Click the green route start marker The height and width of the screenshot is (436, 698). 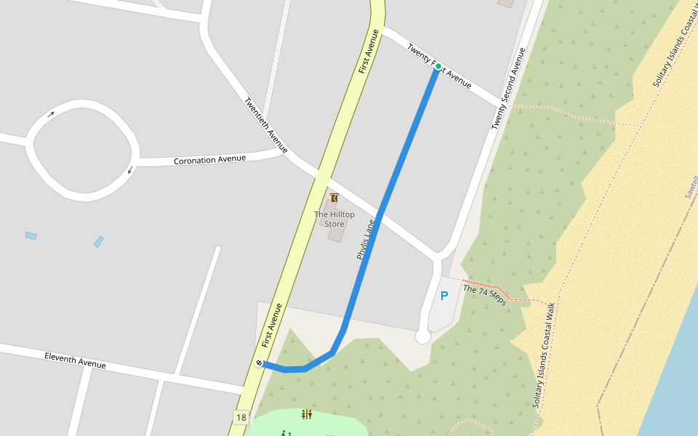coord(438,66)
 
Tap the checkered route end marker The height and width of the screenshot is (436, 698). coord(260,363)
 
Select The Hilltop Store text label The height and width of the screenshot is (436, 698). coord(334,219)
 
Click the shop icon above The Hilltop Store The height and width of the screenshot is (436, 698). coord(334,198)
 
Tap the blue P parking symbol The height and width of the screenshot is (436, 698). coord(444,296)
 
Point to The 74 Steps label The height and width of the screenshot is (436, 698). coord(484,294)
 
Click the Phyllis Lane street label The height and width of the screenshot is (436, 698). coord(365,240)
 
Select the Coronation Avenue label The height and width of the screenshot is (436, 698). coord(209,159)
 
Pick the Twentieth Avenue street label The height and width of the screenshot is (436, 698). coord(265,126)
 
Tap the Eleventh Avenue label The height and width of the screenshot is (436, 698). coord(75,360)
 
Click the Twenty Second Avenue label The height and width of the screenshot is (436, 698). coord(508,89)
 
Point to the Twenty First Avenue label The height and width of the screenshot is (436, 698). coord(439,65)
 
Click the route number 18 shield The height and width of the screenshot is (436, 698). coord(241,417)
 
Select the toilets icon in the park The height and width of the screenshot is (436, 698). coord(306,415)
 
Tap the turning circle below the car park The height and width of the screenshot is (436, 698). coord(422,336)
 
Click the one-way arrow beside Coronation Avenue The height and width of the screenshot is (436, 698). coord(131,171)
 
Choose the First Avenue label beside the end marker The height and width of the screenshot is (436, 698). coord(270,325)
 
